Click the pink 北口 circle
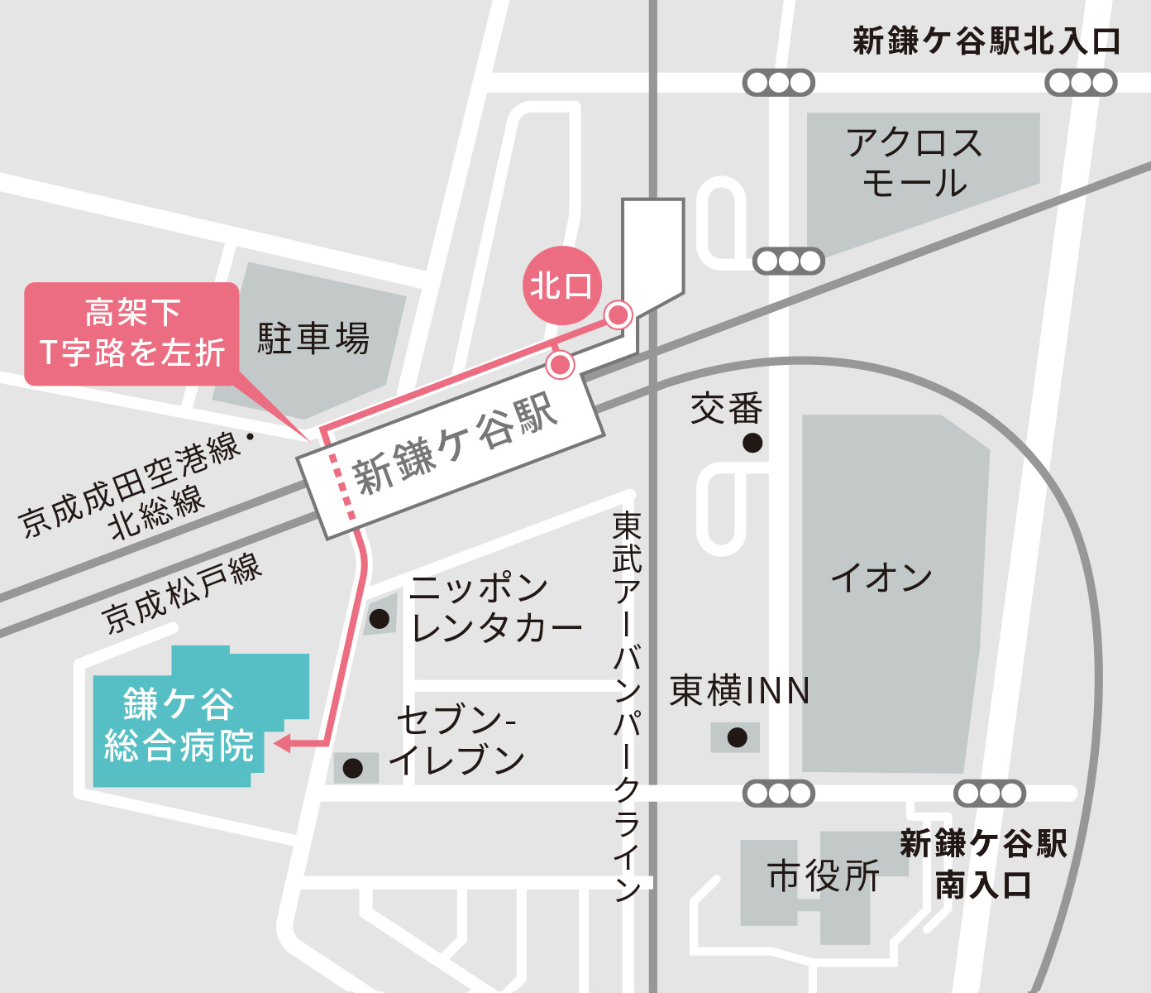561,285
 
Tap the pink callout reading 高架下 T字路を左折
132,333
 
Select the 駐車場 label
313,338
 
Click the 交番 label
726,408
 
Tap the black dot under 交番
752,443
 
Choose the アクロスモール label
914,163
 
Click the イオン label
881,577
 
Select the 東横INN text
739,691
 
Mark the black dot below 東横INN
737,736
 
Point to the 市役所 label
824,875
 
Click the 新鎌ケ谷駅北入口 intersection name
986,41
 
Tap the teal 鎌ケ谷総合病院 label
179,725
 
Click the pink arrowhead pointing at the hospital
282,743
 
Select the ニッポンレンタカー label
495,608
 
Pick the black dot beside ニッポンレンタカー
380,618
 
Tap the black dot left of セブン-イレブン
353,769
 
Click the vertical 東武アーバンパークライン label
627,703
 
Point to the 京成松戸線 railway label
182,592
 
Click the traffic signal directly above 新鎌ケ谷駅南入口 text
990,794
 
